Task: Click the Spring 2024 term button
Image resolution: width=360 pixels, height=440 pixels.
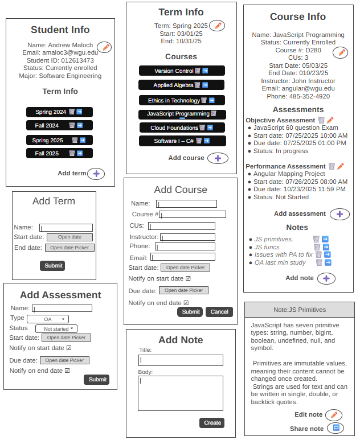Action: pyautogui.click(x=51, y=112)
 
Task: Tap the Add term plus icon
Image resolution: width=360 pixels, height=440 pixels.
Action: pyautogui.click(x=96, y=174)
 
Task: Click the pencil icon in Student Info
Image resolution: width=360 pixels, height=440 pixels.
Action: pyautogui.click(x=104, y=47)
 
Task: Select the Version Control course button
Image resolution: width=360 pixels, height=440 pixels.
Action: pyautogui.click(x=174, y=71)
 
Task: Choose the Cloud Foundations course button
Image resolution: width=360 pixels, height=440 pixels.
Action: pyautogui.click(x=175, y=128)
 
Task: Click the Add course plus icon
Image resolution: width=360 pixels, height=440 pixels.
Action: pyautogui.click(x=217, y=158)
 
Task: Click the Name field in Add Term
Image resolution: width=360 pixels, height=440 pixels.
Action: pyautogui.click(x=66, y=228)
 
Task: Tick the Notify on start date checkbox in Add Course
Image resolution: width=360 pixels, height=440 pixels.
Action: pyautogui.click(x=188, y=279)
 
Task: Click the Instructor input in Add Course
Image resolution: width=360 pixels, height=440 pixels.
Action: pyautogui.click(x=188, y=237)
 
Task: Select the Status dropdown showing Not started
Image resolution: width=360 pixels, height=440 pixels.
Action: pyautogui.click(x=56, y=329)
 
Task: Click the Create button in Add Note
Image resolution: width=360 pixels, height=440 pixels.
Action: pyautogui.click(x=212, y=423)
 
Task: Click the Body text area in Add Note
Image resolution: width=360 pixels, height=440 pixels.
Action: pyautogui.click(x=180, y=393)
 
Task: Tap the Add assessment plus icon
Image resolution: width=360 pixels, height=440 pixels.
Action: pyautogui.click(x=339, y=215)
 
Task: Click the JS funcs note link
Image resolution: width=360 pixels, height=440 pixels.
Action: pyautogui.click(x=267, y=247)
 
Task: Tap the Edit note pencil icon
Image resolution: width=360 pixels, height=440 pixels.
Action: pyautogui.click(x=334, y=415)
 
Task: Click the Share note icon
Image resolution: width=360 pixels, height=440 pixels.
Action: pyautogui.click(x=336, y=428)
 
